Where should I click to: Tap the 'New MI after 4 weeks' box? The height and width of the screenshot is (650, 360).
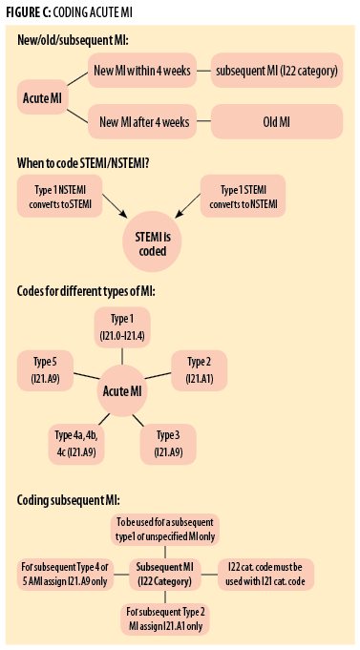tap(141, 121)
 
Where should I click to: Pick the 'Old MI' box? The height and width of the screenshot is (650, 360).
tap(276, 121)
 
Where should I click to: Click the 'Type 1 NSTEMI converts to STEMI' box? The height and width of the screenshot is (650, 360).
tap(58, 197)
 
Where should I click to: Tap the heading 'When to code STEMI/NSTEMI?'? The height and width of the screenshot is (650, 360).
tap(83, 162)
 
